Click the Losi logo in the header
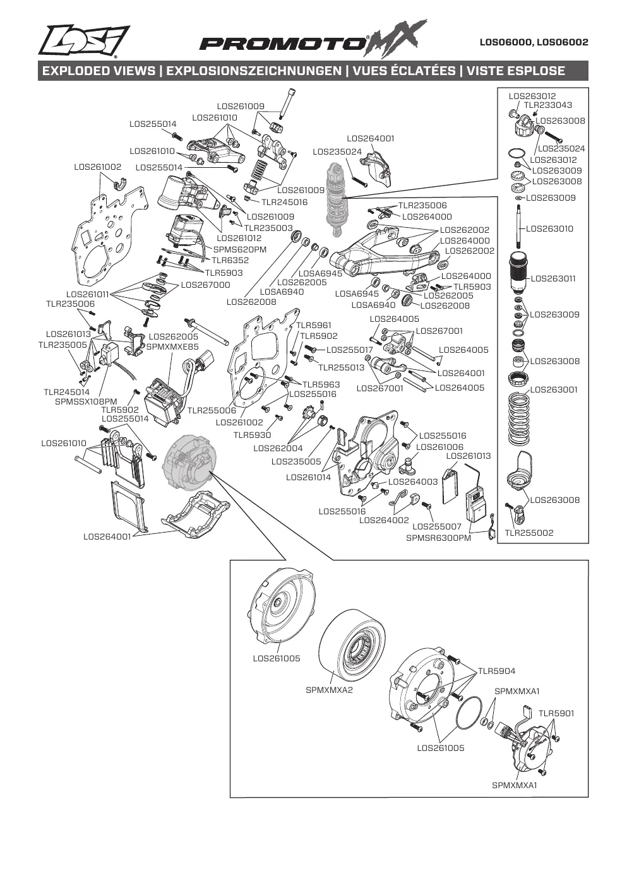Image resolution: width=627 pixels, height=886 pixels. coord(84,41)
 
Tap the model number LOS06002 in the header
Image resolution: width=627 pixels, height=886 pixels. coord(563,42)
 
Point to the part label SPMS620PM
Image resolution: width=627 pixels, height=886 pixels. coord(240,250)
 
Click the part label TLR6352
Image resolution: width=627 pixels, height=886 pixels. coord(230,260)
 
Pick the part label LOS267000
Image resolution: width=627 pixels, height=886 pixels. coord(205,285)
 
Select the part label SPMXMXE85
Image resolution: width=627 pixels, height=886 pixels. coord(172,346)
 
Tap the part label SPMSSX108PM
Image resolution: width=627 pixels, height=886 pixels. coord(86,402)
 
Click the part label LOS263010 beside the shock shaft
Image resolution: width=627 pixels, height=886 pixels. coord(549,228)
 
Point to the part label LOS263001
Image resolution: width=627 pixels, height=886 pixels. coord(554,389)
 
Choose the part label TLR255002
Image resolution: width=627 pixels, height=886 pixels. coord(529,533)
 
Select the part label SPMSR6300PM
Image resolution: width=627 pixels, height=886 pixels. coord(439,538)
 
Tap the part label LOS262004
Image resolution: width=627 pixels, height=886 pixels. coord(278,448)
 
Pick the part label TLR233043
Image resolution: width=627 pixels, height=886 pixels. coord(548,105)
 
